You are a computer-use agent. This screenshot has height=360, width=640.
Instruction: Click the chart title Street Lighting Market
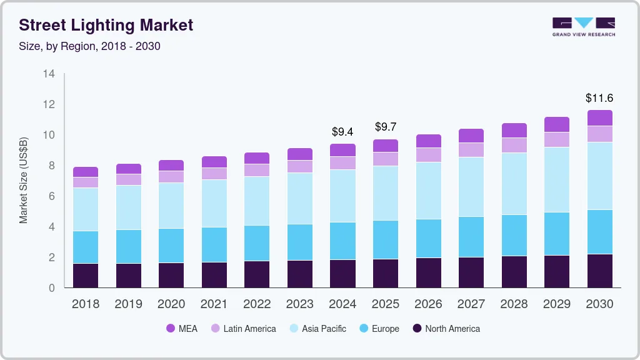coord(106,25)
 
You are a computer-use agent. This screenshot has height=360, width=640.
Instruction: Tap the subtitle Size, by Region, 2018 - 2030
coord(89,46)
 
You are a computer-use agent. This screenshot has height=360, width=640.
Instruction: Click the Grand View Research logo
coord(583,26)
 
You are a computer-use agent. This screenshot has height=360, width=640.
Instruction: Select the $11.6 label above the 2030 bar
coord(599,97)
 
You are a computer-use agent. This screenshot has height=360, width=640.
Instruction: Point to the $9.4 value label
coord(342,132)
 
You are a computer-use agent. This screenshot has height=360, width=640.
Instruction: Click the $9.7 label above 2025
coord(385,127)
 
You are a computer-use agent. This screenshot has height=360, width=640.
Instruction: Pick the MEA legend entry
coord(182,328)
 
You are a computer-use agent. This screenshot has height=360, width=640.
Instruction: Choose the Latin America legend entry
coord(243,328)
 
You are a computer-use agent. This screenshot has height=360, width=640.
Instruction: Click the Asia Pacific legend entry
coord(317,328)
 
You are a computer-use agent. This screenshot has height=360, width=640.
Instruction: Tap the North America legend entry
coord(446,328)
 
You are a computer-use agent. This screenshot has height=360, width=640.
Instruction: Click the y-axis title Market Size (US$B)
coord(24,179)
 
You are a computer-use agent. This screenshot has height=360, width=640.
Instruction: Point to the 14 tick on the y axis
coord(49,74)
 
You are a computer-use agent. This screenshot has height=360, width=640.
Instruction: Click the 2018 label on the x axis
coord(86,304)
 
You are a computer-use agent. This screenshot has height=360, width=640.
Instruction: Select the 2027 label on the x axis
coord(471,304)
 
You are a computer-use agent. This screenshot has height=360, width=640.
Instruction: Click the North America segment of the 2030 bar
coord(599,271)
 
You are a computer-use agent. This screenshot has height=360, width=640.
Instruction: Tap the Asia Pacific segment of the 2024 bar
coord(342,196)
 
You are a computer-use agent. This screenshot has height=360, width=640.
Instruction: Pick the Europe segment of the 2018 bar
coord(86,247)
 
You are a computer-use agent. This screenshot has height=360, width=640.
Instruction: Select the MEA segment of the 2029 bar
coord(556,124)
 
